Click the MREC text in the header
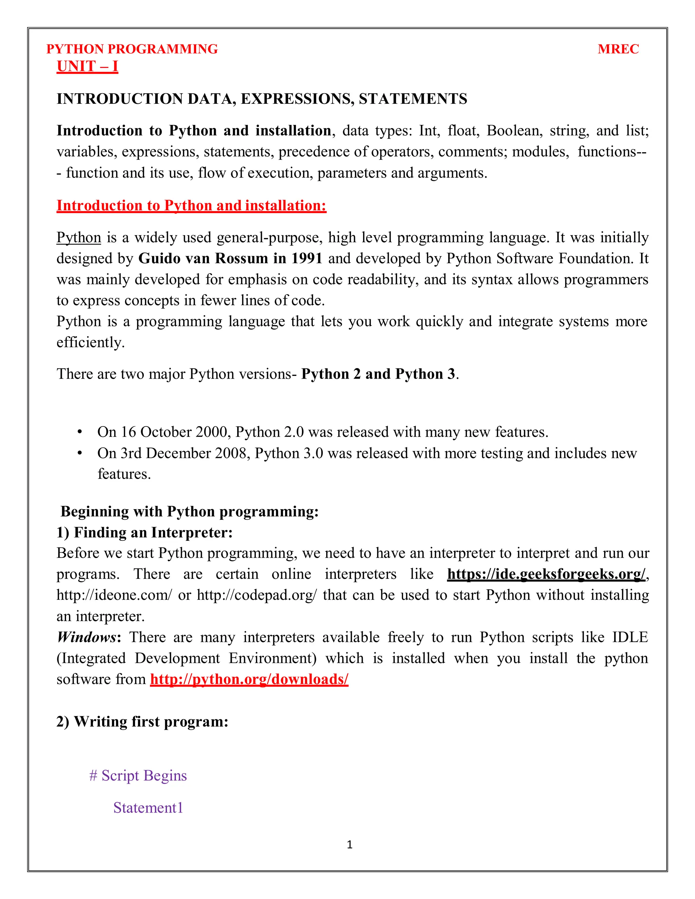tap(618, 49)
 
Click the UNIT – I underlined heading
tap(87, 66)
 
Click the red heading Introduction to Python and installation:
tap(191, 205)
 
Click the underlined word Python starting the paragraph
tap(79, 237)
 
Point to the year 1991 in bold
tap(307, 259)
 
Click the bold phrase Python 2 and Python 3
tap(378, 374)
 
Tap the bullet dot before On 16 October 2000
tap(80, 432)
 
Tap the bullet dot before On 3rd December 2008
tap(80, 453)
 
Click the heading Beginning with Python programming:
tap(189, 511)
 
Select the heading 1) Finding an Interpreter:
tap(145, 532)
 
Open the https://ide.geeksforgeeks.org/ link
tap(546, 574)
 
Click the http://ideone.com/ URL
tap(114, 595)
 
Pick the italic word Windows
tap(87, 637)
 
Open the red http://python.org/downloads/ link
tap(249, 679)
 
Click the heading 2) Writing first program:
tap(143, 722)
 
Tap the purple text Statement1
tap(148, 808)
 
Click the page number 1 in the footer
tap(350, 845)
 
